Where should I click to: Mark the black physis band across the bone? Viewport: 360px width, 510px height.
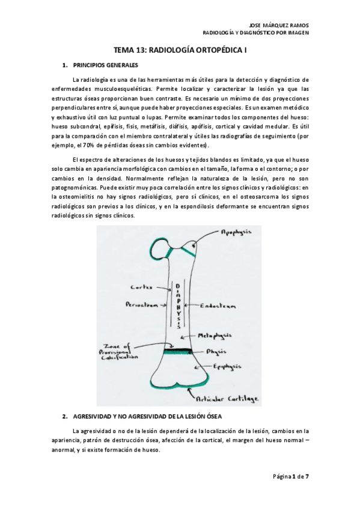point(187,350)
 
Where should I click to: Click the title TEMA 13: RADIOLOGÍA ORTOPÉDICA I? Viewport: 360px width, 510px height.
point(180,52)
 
